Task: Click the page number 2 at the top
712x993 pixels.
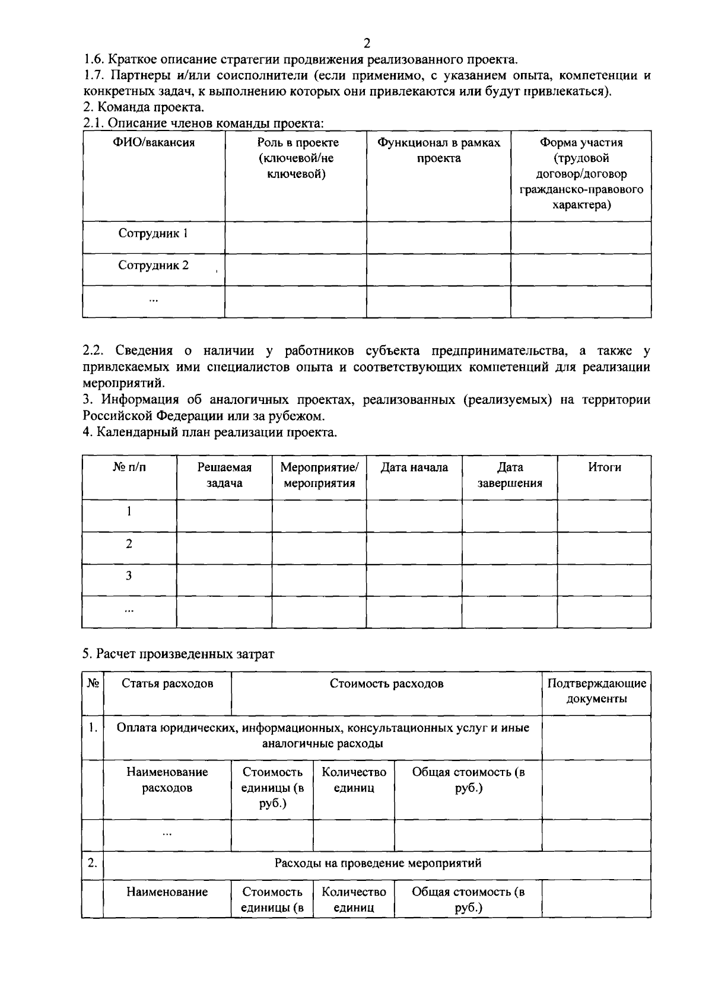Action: [x=367, y=43]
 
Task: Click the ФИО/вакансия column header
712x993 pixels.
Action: [x=154, y=143]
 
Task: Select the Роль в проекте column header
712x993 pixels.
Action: [x=298, y=158]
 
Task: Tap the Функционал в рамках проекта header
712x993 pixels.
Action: [x=438, y=151]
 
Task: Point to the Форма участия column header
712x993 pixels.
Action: [x=581, y=174]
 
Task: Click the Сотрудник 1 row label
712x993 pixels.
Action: [x=153, y=234]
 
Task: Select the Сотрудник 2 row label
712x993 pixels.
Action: [x=153, y=266]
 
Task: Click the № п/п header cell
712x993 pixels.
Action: [x=129, y=467]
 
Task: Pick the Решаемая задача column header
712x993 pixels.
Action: [x=224, y=475]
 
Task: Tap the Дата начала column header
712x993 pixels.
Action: [x=414, y=467]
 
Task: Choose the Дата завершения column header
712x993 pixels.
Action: [x=510, y=475]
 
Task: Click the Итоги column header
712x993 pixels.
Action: [x=605, y=467]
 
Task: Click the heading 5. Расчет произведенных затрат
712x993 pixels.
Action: [x=179, y=654]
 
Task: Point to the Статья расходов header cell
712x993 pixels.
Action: [x=167, y=683]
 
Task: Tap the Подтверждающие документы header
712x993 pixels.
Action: [x=596, y=691]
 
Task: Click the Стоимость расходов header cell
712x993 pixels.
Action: [x=386, y=683]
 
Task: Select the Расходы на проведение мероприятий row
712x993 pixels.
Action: [x=377, y=863]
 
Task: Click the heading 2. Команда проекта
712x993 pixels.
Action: [x=144, y=108]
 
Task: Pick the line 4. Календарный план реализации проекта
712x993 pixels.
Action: [x=210, y=432]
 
